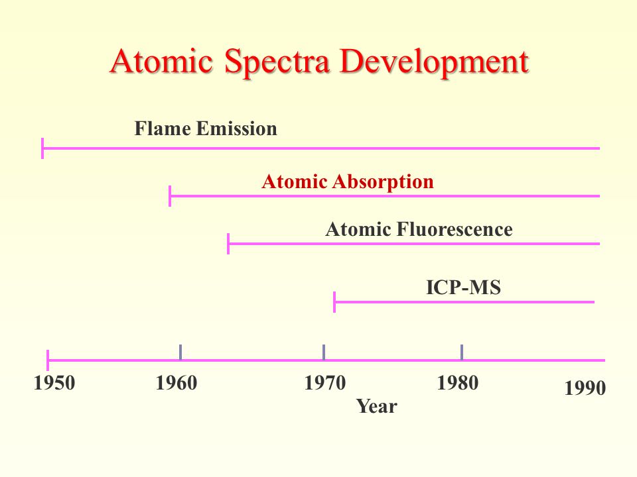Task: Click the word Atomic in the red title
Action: coord(162,61)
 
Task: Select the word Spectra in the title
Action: coord(277,63)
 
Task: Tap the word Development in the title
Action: coord(435,63)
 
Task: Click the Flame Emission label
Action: coord(206,129)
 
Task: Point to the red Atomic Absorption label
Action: coord(348,182)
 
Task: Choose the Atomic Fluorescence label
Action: coord(419,229)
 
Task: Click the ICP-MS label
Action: coord(463,288)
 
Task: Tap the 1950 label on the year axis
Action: coord(54,383)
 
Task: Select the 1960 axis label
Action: coord(177,383)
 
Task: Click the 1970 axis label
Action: coord(325,383)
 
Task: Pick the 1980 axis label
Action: coord(457,383)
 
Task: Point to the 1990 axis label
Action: coord(585,388)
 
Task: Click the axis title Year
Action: coord(377,406)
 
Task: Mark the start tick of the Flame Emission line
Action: coord(42,148)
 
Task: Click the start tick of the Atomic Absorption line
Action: coord(170,196)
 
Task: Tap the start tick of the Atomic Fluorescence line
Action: coord(228,244)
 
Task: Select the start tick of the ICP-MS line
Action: coord(334,302)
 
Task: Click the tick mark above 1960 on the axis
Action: coord(180,352)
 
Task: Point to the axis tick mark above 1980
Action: coord(462,352)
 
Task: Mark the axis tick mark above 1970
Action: coord(324,352)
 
